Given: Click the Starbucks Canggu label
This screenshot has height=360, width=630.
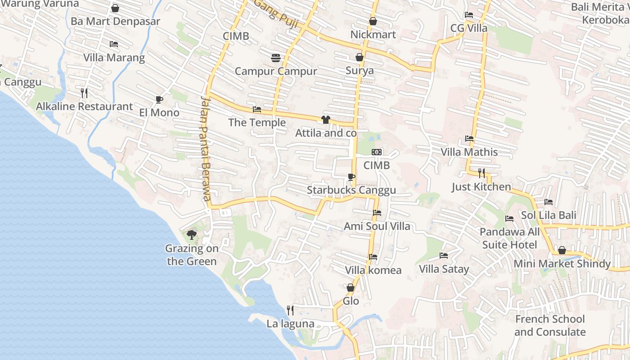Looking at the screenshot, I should pyautogui.click(x=351, y=190).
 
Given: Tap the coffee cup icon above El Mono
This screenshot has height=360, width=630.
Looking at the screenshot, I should pyautogui.click(x=159, y=99).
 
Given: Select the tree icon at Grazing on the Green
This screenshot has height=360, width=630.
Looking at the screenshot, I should pyautogui.click(x=192, y=234).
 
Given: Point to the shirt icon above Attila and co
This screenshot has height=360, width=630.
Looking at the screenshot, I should pyautogui.click(x=326, y=120).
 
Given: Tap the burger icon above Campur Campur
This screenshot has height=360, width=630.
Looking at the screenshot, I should pyautogui.click(x=276, y=58).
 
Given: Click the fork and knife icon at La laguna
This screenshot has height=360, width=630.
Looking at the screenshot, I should pyautogui.click(x=290, y=310).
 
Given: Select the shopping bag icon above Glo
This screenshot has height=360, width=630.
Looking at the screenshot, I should pyautogui.click(x=351, y=288).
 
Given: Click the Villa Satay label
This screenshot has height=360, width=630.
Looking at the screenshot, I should pyautogui.click(x=444, y=269).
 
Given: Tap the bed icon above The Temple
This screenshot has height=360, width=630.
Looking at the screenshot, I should pyautogui.click(x=257, y=109).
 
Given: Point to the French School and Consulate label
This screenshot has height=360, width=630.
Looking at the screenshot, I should pyautogui.click(x=549, y=325).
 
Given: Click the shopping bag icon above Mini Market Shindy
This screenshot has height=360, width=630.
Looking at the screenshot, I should pyautogui.click(x=562, y=250).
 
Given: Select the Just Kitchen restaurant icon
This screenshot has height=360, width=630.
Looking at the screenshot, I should pyautogui.click(x=481, y=173).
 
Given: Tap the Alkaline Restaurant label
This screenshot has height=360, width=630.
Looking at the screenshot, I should pyautogui.click(x=84, y=107).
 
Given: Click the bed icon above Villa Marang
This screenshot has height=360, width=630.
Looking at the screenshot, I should pyautogui.click(x=114, y=44).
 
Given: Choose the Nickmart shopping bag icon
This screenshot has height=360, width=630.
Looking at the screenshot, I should pyautogui.click(x=373, y=21).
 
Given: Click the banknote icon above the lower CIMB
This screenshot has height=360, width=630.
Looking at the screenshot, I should pyautogui.click(x=377, y=152).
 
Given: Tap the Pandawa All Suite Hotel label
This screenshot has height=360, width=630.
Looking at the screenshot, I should pyautogui.click(x=509, y=238).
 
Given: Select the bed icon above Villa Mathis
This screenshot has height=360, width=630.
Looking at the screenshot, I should pyautogui.click(x=469, y=139).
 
